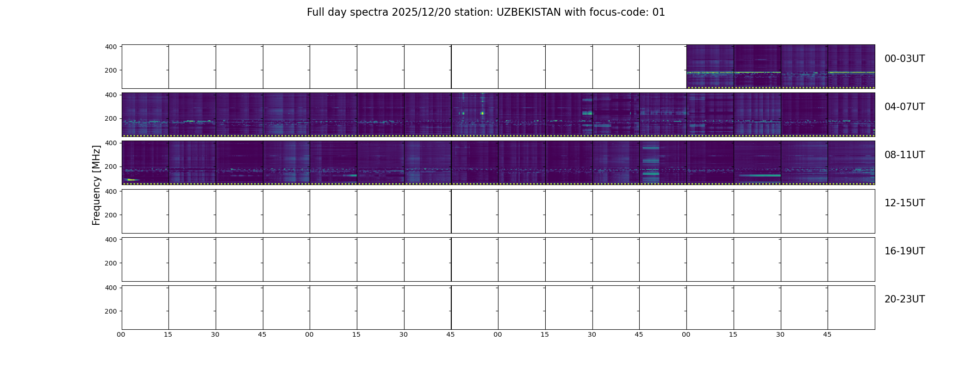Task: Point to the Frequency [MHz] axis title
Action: click(x=96, y=185)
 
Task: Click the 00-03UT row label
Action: click(x=904, y=59)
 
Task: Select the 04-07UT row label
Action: click(x=904, y=107)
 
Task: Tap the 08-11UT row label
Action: click(x=904, y=155)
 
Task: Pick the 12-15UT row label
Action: click(x=904, y=203)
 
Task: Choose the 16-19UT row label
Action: click(x=904, y=251)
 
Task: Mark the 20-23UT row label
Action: click(x=904, y=299)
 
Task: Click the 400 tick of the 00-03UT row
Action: click(x=111, y=47)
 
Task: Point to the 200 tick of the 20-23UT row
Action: click(x=111, y=311)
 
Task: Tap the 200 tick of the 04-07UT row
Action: click(x=111, y=119)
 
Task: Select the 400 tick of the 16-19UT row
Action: click(x=111, y=240)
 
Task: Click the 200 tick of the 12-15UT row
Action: click(x=111, y=215)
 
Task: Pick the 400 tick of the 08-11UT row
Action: click(x=111, y=143)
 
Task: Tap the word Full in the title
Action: click(x=316, y=12)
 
